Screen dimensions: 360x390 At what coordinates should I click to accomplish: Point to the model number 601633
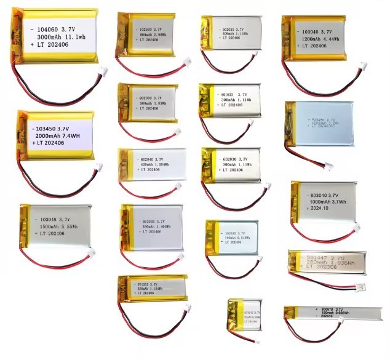229,94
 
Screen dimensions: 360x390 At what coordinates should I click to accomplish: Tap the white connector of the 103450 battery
98,167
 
